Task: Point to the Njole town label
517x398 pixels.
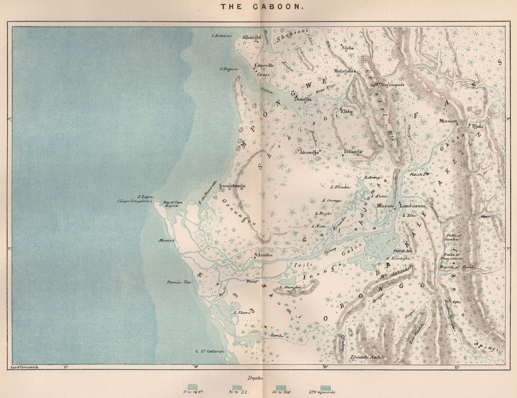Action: click(477, 126)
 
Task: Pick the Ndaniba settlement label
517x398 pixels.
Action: click(263, 255)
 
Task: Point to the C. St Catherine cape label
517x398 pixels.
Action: click(210, 352)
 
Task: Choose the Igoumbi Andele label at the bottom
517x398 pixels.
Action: click(368, 358)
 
